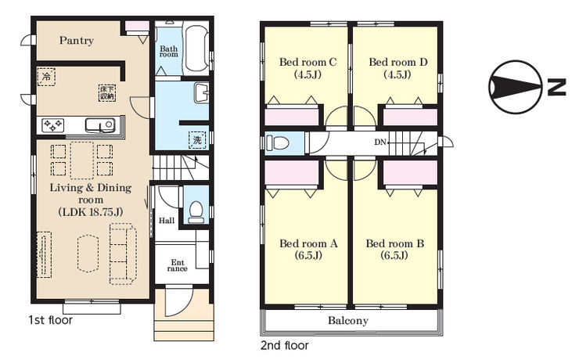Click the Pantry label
point(77,40)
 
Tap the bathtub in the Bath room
point(196,48)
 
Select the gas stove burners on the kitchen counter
point(52,125)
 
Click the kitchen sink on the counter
point(99,125)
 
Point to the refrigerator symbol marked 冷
point(46,77)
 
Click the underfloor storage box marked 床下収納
point(107,93)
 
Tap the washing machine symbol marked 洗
point(197,140)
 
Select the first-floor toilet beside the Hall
point(196,212)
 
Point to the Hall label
point(167,221)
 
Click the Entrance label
point(178,265)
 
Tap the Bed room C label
point(308,62)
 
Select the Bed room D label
point(398,62)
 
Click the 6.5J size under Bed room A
point(308,255)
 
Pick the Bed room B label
point(395,243)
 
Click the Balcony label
point(348,321)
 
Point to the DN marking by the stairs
point(380,142)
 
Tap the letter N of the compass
point(557,87)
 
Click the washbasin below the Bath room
point(201,93)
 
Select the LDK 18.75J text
point(91,212)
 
